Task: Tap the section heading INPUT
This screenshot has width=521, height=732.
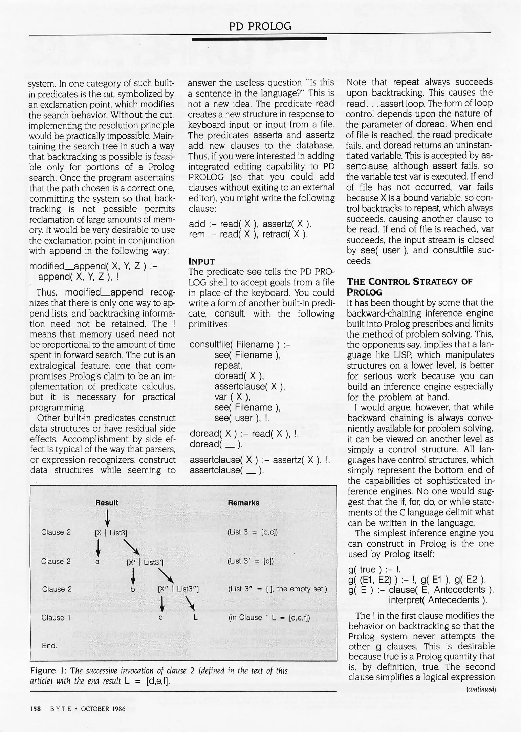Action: pyautogui.click(x=201, y=261)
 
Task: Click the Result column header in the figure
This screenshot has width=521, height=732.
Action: pyautogui.click(x=107, y=503)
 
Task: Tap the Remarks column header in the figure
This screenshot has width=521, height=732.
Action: pyautogui.click(x=243, y=503)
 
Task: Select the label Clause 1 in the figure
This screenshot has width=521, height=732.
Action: pyautogui.click(x=56, y=617)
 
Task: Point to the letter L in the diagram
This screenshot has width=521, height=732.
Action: pyautogui.click(x=195, y=617)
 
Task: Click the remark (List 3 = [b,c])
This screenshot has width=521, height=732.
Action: pyautogui.click(x=253, y=532)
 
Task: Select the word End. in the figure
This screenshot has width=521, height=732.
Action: pyautogui.click(x=49, y=646)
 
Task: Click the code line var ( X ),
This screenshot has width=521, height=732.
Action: pyautogui.click(x=232, y=397)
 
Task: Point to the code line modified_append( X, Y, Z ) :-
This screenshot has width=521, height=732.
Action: pyautogui.click(x=93, y=266)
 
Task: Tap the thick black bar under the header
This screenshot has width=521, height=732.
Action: pyautogui.click(x=259, y=39)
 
